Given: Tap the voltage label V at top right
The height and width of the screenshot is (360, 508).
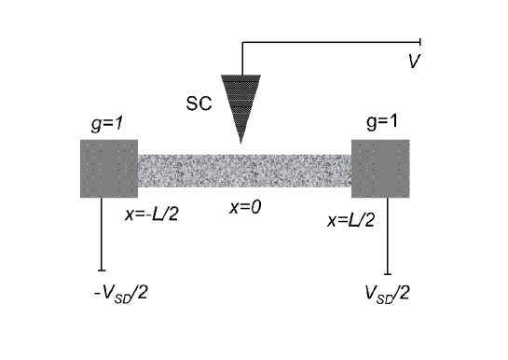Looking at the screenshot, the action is pos(413,62).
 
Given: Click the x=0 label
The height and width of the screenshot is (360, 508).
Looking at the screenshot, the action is pos(246,207).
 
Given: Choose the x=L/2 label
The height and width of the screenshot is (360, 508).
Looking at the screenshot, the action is pos(351,221).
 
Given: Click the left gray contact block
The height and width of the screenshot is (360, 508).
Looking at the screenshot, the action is pos(109,168).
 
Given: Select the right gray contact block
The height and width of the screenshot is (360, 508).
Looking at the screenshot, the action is pos(380,168).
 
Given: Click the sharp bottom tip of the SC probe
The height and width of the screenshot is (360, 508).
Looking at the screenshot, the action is pos(241,142).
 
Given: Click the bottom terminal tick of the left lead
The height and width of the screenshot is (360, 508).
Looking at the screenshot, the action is pos(101,271).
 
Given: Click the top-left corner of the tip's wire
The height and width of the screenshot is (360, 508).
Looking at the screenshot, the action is pos(241,42).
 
